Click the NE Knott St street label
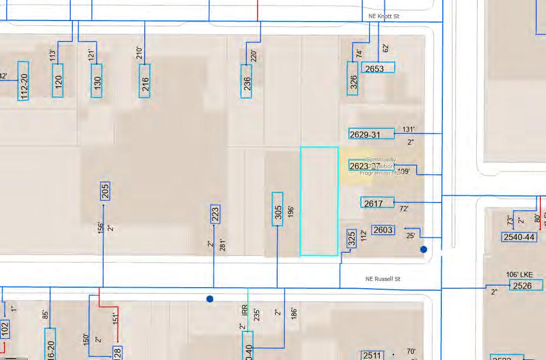coord(384,16)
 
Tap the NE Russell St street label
coord(383,279)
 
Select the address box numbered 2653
coord(378,68)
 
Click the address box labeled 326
coord(353,78)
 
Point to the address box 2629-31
coord(372,134)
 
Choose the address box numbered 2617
coord(377,203)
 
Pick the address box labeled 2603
coord(383,230)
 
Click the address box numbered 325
coord(352,239)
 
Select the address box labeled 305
coord(278,209)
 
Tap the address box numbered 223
coord(215,214)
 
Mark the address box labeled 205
coord(105,191)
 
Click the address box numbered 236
coord(246,81)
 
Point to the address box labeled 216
coord(145,81)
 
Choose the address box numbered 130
coord(96,81)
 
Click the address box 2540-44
coord(519,237)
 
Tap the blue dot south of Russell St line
coord(209,299)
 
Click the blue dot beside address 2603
coord(423,250)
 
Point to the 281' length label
coord(222,245)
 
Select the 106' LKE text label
coord(519,274)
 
